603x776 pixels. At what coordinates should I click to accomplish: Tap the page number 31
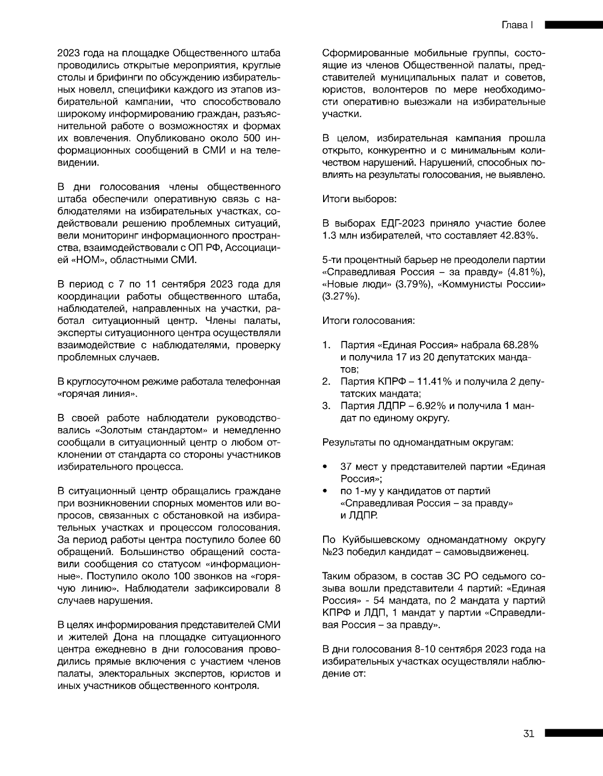pyautogui.click(x=529, y=733)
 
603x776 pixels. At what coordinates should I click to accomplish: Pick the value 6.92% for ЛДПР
pyautogui.click(x=429, y=406)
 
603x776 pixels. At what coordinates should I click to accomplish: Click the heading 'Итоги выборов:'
pyautogui.click(x=359, y=199)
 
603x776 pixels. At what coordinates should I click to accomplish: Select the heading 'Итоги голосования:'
pyautogui.click(x=368, y=320)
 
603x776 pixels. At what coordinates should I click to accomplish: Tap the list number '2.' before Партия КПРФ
pyautogui.click(x=326, y=382)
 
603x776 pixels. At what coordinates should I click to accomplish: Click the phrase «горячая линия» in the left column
pyautogui.click(x=97, y=394)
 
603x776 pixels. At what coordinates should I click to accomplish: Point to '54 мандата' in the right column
pyautogui.click(x=380, y=601)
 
